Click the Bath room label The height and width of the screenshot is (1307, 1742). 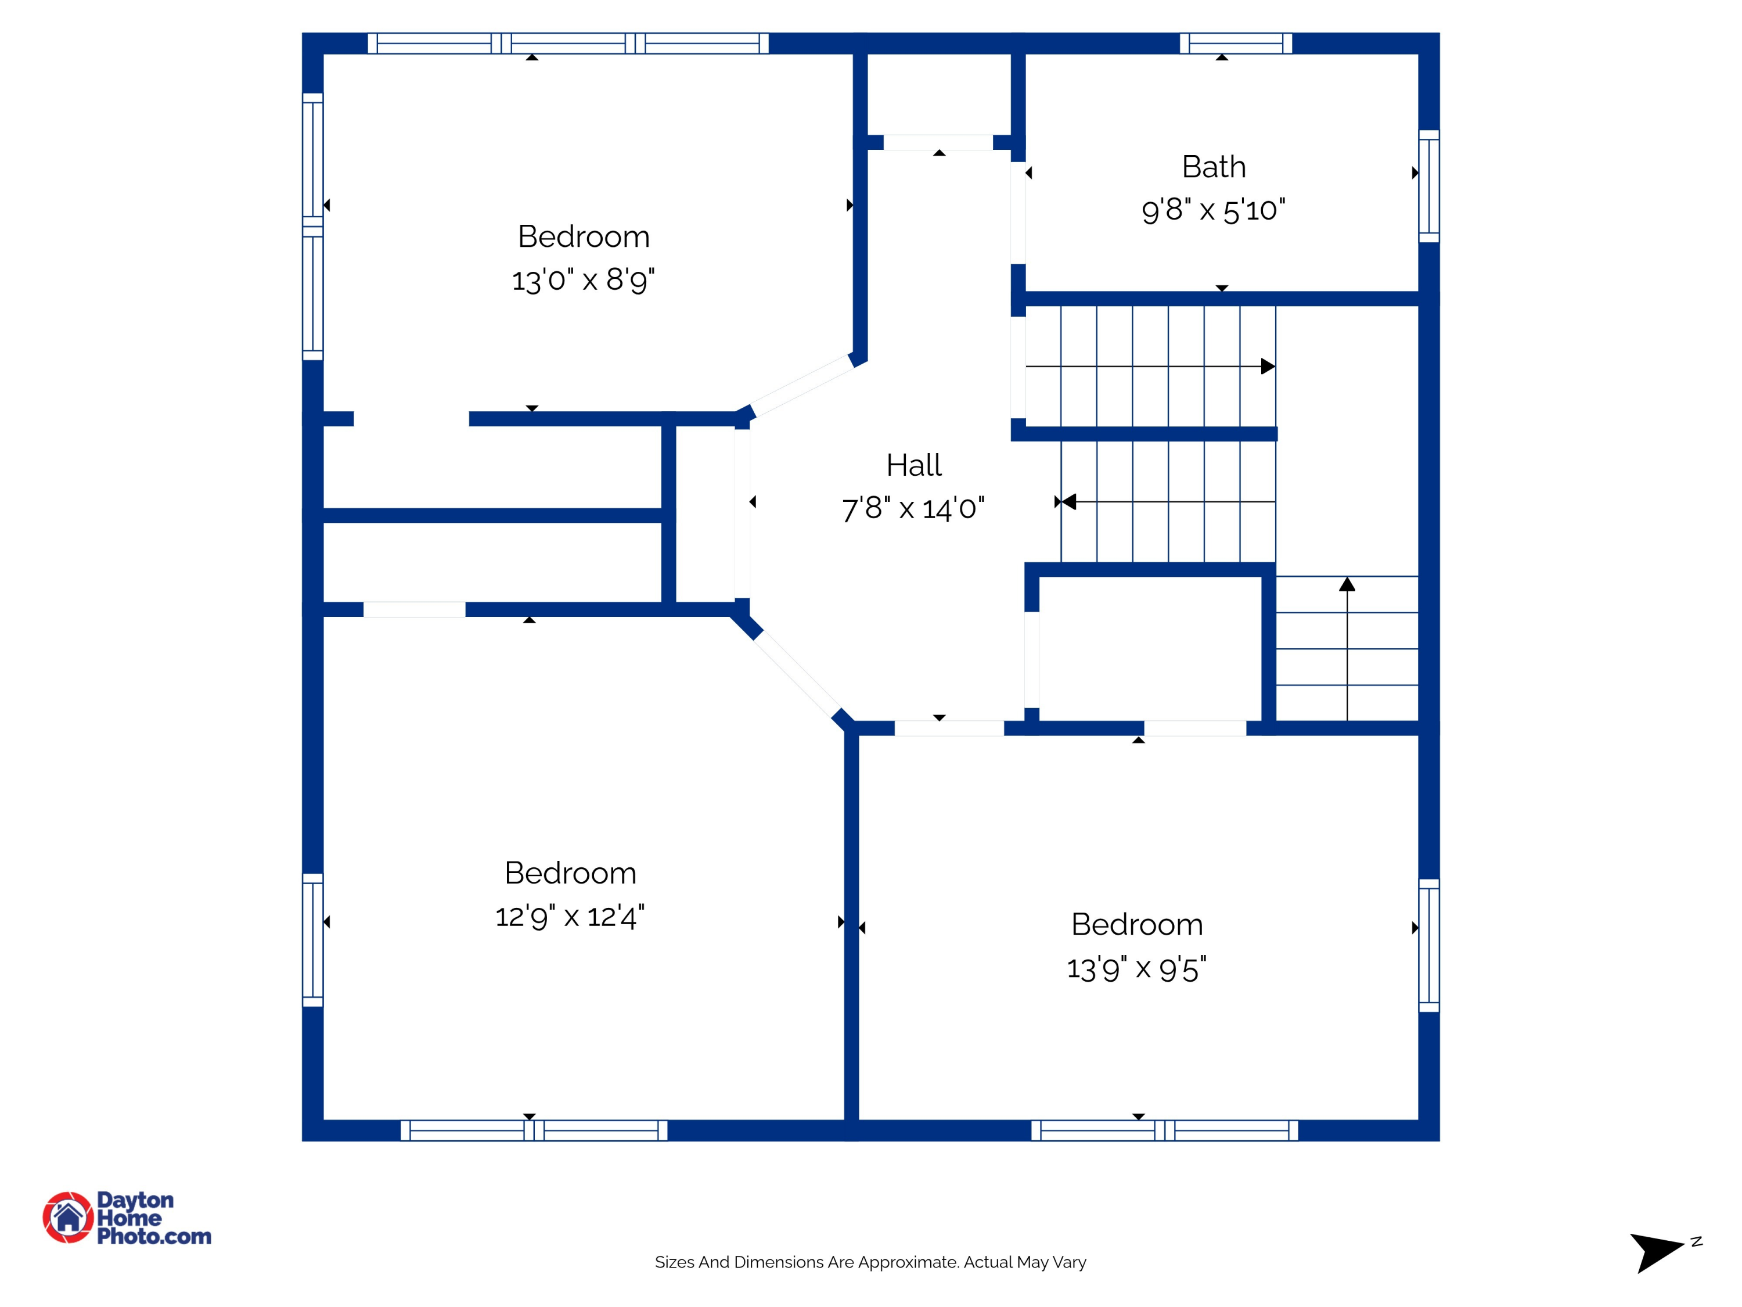tap(1214, 167)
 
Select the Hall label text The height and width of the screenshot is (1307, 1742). tap(913, 465)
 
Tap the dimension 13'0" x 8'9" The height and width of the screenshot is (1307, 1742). tap(583, 279)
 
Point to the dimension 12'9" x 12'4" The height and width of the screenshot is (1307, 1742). tap(570, 916)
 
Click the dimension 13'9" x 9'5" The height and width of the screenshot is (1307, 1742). tap(1136, 968)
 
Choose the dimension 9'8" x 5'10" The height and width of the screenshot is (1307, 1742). tap(1214, 210)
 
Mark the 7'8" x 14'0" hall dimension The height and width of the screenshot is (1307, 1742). tap(913, 509)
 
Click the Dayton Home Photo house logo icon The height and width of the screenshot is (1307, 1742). tap(68, 1217)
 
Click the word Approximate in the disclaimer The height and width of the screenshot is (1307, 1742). tap(909, 1262)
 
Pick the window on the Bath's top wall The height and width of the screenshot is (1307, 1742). tap(1236, 44)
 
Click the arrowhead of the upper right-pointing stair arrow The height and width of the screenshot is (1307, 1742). tap(1268, 367)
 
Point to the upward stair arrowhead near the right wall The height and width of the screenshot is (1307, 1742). tap(1348, 584)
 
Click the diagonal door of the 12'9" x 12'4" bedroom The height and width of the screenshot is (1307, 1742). tap(797, 674)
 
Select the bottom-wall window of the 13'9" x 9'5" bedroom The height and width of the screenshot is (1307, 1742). tap(1165, 1130)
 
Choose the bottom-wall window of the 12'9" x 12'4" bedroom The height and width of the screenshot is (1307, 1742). tap(534, 1130)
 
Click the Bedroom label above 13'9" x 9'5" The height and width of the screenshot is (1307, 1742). tap(1136, 925)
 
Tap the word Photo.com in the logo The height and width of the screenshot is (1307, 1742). tap(154, 1237)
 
